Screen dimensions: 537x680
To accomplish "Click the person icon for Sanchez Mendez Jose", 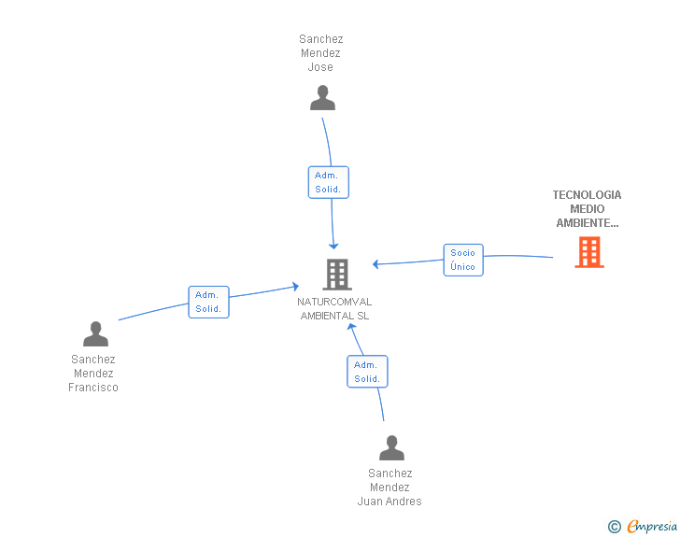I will point(322,97).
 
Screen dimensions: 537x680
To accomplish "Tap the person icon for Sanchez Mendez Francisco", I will point(95,333).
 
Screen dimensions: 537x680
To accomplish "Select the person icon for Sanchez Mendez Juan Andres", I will point(391,447).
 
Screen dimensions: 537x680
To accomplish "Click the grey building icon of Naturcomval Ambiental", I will point(336,275).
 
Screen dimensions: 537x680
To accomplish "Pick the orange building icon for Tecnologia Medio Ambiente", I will point(588,251).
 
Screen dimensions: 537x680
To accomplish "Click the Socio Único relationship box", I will point(462,260).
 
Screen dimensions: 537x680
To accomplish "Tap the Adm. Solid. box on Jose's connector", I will point(328,182).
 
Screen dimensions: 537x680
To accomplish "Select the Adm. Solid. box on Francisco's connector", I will point(208,302).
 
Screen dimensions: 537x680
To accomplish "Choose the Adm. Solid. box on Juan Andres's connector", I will point(367,372).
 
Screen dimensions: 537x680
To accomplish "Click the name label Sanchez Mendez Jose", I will point(321,53).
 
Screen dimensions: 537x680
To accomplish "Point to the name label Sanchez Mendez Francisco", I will point(93,374).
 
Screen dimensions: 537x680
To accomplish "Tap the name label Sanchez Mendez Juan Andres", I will point(390,488).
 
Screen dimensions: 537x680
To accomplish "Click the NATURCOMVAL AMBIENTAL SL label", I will point(335,309).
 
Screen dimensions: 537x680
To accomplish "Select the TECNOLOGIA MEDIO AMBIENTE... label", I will point(587,209).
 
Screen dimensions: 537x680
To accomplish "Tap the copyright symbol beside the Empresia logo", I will point(614,527).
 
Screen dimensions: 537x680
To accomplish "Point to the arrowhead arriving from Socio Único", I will point(375,264).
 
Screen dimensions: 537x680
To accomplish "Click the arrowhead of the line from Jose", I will point(333,245).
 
